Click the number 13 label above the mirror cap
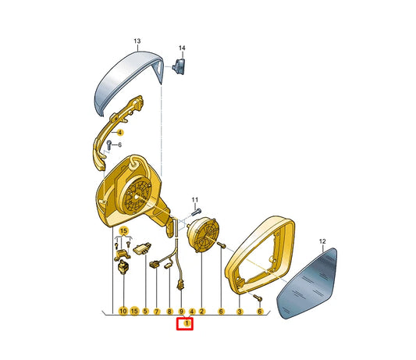tap(137, 41)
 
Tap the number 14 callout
tap(182, 48)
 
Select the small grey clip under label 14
tap(179, 66)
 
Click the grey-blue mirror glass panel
tap(308, 283)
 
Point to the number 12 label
tap(322, 241)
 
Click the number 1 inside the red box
tap(187, 323)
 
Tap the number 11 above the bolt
tap(195, 200)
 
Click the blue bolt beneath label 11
tap(197, 212)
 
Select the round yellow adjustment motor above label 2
tap(203, 234)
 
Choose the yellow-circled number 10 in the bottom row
tap(123, 311)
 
